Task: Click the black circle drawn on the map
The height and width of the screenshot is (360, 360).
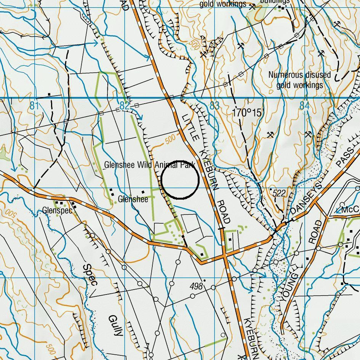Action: click(x=180, y=180)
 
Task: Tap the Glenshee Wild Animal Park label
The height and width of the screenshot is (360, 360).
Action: click(x=150, y=165)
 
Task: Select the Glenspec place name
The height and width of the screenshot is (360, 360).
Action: click(x=57, y=210)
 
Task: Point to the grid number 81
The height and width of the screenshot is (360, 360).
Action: click(x=35, y=106)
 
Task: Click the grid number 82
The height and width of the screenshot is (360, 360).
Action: click(x=124, y=106)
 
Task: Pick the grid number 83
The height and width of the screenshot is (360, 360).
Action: click(x=214, y=106)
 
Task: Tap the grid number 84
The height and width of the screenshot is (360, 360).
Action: click(x=304, y=106)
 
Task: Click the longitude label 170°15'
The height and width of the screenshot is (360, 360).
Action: click(x=247, y=113)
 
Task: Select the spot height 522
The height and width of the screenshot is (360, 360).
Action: click(x=279, y=194)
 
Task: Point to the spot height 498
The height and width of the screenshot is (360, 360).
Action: click(x=196, y=286)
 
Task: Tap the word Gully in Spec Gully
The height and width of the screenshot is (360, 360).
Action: click(x=115, y=325)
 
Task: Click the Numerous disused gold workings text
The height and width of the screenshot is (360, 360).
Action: click(x=299, y=80)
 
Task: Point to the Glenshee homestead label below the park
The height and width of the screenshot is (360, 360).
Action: click(x=133, y=199)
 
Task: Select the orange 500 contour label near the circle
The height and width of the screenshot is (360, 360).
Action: click(x=170, y=141)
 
